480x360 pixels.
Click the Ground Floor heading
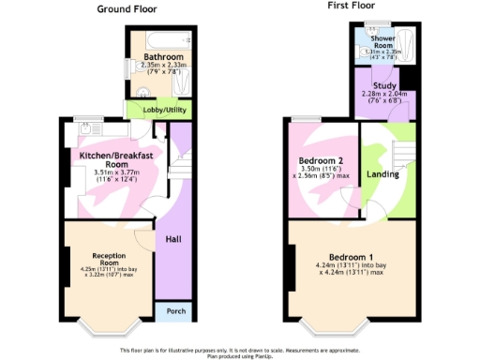(127, 9)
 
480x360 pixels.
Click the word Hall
(173, 240)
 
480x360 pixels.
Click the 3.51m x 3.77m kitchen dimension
(116, 172)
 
